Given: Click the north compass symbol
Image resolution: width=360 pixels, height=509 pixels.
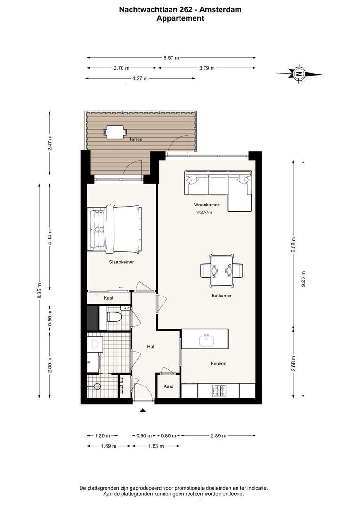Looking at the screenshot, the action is [x=299, y=74].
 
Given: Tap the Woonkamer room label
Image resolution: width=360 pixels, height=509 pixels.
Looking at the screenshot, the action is [x=206, y=205].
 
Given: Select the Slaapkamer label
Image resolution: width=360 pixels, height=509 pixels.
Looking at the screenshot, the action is [x=122, y=262].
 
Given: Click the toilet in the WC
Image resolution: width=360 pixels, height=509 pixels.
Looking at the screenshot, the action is [x=114, y=317].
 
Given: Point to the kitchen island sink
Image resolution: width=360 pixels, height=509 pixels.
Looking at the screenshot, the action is [x=206, y=341].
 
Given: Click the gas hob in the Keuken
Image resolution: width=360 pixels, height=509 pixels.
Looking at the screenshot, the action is [x=219, y=391].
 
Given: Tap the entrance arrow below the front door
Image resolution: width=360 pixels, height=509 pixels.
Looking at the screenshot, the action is [x=142, y=410].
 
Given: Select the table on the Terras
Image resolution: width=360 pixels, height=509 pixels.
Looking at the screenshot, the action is [x=115, y=132].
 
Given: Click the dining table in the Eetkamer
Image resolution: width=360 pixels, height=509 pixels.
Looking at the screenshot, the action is [x=222, y=271].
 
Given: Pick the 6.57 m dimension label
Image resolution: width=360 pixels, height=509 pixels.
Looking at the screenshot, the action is [x=171, y=58].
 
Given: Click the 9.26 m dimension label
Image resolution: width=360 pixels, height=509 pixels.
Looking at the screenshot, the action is [x=303, y=279].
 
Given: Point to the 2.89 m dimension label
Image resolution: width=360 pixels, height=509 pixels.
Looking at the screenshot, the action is [x=219, y=435].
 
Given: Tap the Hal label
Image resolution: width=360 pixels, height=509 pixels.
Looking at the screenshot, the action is [x=150, y=347].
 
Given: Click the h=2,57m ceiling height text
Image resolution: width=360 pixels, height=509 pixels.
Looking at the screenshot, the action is [x=204, y=212].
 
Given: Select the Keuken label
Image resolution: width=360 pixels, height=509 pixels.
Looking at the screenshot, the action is [x=219, y=363].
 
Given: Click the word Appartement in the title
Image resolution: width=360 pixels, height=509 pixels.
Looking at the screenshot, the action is [x=180, y=18].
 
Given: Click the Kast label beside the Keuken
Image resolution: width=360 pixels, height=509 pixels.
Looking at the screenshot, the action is [x=168, y=386].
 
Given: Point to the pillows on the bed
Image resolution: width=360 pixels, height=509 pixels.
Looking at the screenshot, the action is [x=97, y=229].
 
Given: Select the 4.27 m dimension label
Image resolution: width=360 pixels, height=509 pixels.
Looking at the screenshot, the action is [x=140, y=78].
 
